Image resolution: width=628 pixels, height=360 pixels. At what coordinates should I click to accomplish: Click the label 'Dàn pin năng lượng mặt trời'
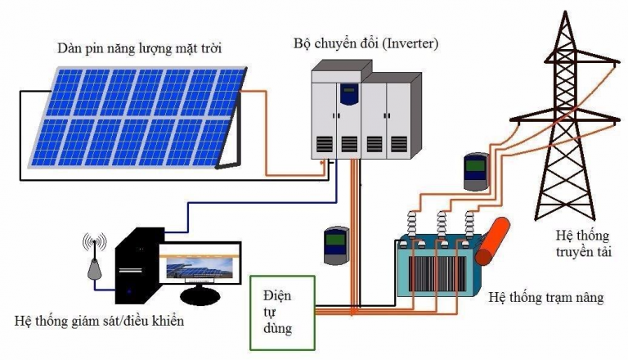[x=139, y=48]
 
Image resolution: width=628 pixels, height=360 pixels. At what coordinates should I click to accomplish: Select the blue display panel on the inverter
[x=349, y=93]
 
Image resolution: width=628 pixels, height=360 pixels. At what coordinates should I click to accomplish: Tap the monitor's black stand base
[x=200, y=296]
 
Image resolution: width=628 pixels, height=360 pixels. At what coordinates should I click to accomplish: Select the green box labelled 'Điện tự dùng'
[x=283, y=313]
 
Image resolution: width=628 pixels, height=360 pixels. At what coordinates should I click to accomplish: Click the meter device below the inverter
[x=336, y=245]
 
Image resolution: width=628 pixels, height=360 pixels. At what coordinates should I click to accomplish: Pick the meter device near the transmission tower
[x=476, y=171]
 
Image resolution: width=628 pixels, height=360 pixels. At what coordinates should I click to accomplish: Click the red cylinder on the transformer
[x=492, y=241]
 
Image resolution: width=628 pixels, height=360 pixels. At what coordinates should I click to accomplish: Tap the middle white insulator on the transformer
[x=441, y=224]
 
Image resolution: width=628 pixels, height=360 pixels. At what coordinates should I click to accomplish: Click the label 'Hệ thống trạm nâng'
[x=546, y=298]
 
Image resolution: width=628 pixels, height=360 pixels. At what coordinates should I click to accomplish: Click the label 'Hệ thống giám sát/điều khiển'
[x=99, y=321]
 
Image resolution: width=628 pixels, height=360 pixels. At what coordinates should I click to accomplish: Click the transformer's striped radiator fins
[x=437, y=274]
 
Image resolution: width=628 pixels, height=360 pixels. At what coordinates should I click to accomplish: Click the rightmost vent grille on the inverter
[x=399, y=145]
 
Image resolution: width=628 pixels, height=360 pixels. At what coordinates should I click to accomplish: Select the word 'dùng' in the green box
[x=277, y=329]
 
